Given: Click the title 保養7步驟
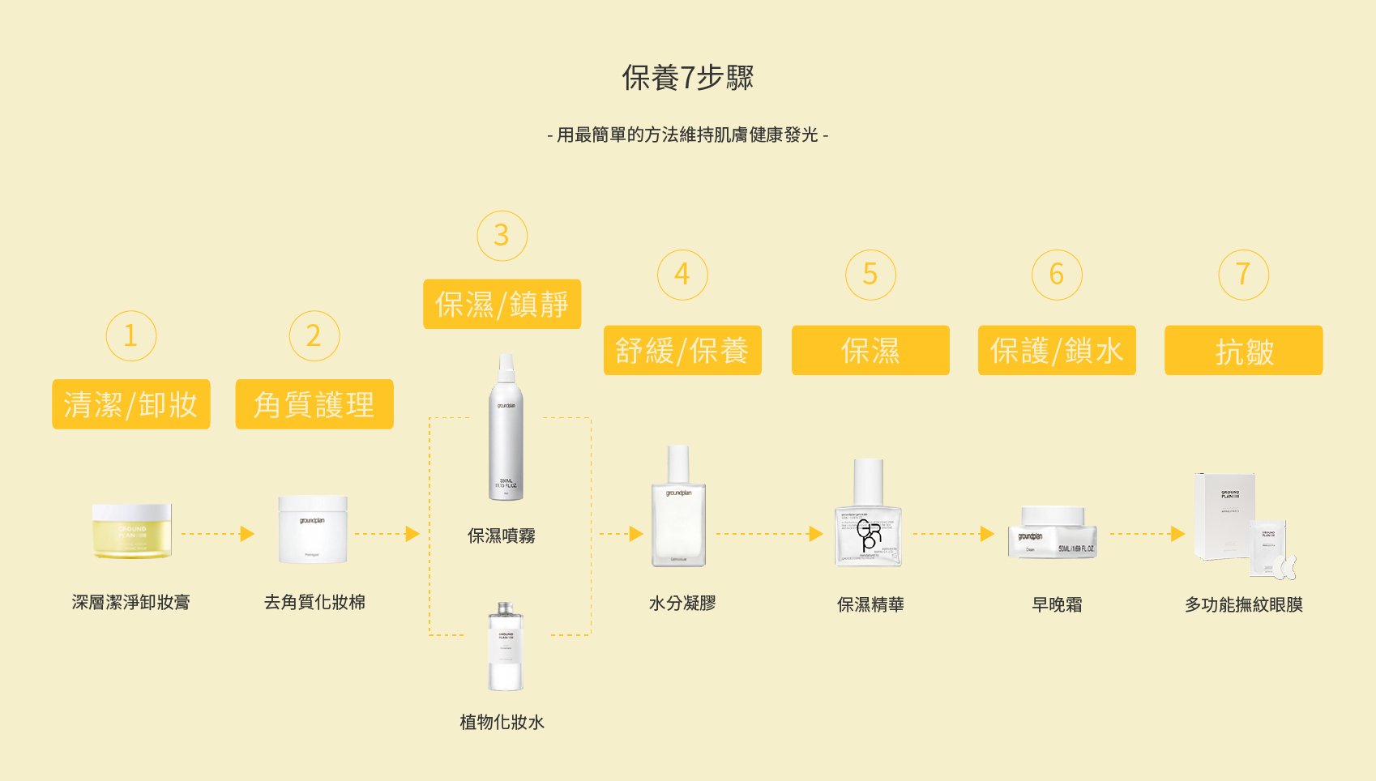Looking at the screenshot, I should click(x=687, y=78).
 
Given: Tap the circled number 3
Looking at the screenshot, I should click(x=502, y=236).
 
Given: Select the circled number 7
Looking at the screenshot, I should click(x=1243, y=275).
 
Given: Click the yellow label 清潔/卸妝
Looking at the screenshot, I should click(x=131, y=404).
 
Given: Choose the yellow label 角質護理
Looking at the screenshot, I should click(x=314, y=404).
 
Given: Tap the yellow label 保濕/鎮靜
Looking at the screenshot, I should click(x=502, y=304).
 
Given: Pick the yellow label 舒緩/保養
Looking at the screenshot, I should click(x=682, y=350).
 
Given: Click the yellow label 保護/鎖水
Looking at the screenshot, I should click(x=1057, y=350).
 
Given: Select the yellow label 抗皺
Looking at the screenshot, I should click(x=1243, y=350).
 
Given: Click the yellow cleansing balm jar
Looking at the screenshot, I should click(x=131, y=531).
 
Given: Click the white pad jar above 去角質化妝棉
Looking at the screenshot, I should click(x=313, y=530).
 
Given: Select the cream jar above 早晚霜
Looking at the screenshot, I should click(x=1053, y=532).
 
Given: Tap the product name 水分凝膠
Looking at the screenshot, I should click(x=682, y=604).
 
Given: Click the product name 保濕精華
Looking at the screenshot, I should click(x=870, y=604).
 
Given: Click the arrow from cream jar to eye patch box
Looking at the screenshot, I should click(x=1147, y=534).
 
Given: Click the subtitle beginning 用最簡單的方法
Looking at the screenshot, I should click(x=687, y=135).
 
